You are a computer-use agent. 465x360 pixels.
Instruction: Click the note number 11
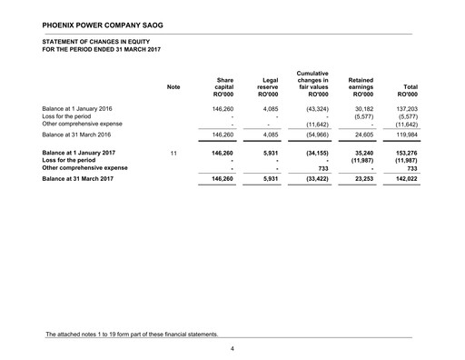click(173, 154)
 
